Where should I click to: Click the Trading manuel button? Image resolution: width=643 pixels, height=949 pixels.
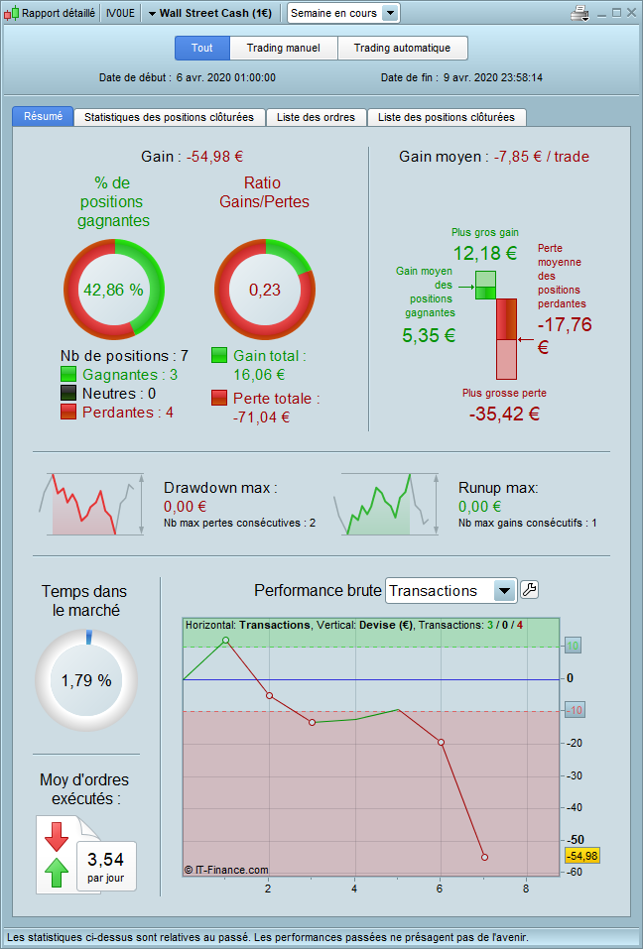[284, 48]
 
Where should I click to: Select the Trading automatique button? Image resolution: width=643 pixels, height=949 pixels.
[402, 48]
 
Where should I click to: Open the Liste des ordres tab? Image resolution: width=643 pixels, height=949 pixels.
[317, 117]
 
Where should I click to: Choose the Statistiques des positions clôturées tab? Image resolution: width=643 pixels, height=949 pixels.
[170, 117]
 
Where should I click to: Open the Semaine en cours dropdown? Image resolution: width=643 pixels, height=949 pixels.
[343, 13]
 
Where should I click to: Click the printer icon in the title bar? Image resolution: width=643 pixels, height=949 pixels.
[580, 13]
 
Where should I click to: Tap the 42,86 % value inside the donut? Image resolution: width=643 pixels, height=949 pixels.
[113, 290]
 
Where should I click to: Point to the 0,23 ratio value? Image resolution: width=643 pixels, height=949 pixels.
[265, 290]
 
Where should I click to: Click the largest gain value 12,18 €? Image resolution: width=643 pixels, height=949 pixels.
[484, 252]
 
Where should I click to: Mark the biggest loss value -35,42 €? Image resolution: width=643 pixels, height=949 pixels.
[504, 413]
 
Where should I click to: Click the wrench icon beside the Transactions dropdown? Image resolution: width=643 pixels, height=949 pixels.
[530, 590]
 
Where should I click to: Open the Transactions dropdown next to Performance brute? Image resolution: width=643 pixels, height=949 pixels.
[451, 591]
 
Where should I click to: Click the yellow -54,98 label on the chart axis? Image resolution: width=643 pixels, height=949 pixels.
[581, 856]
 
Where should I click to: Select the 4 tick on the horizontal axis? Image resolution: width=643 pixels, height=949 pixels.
[354, 889]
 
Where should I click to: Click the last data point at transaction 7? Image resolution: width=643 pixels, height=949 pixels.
[484, 857]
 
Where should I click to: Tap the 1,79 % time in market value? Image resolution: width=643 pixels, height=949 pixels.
[86, 681]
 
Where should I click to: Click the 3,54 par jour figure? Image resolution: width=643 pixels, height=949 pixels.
[106, 859]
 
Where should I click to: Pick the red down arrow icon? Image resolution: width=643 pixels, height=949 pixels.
[57, 836]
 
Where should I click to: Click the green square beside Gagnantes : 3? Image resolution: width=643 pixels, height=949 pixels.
[68, 375]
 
